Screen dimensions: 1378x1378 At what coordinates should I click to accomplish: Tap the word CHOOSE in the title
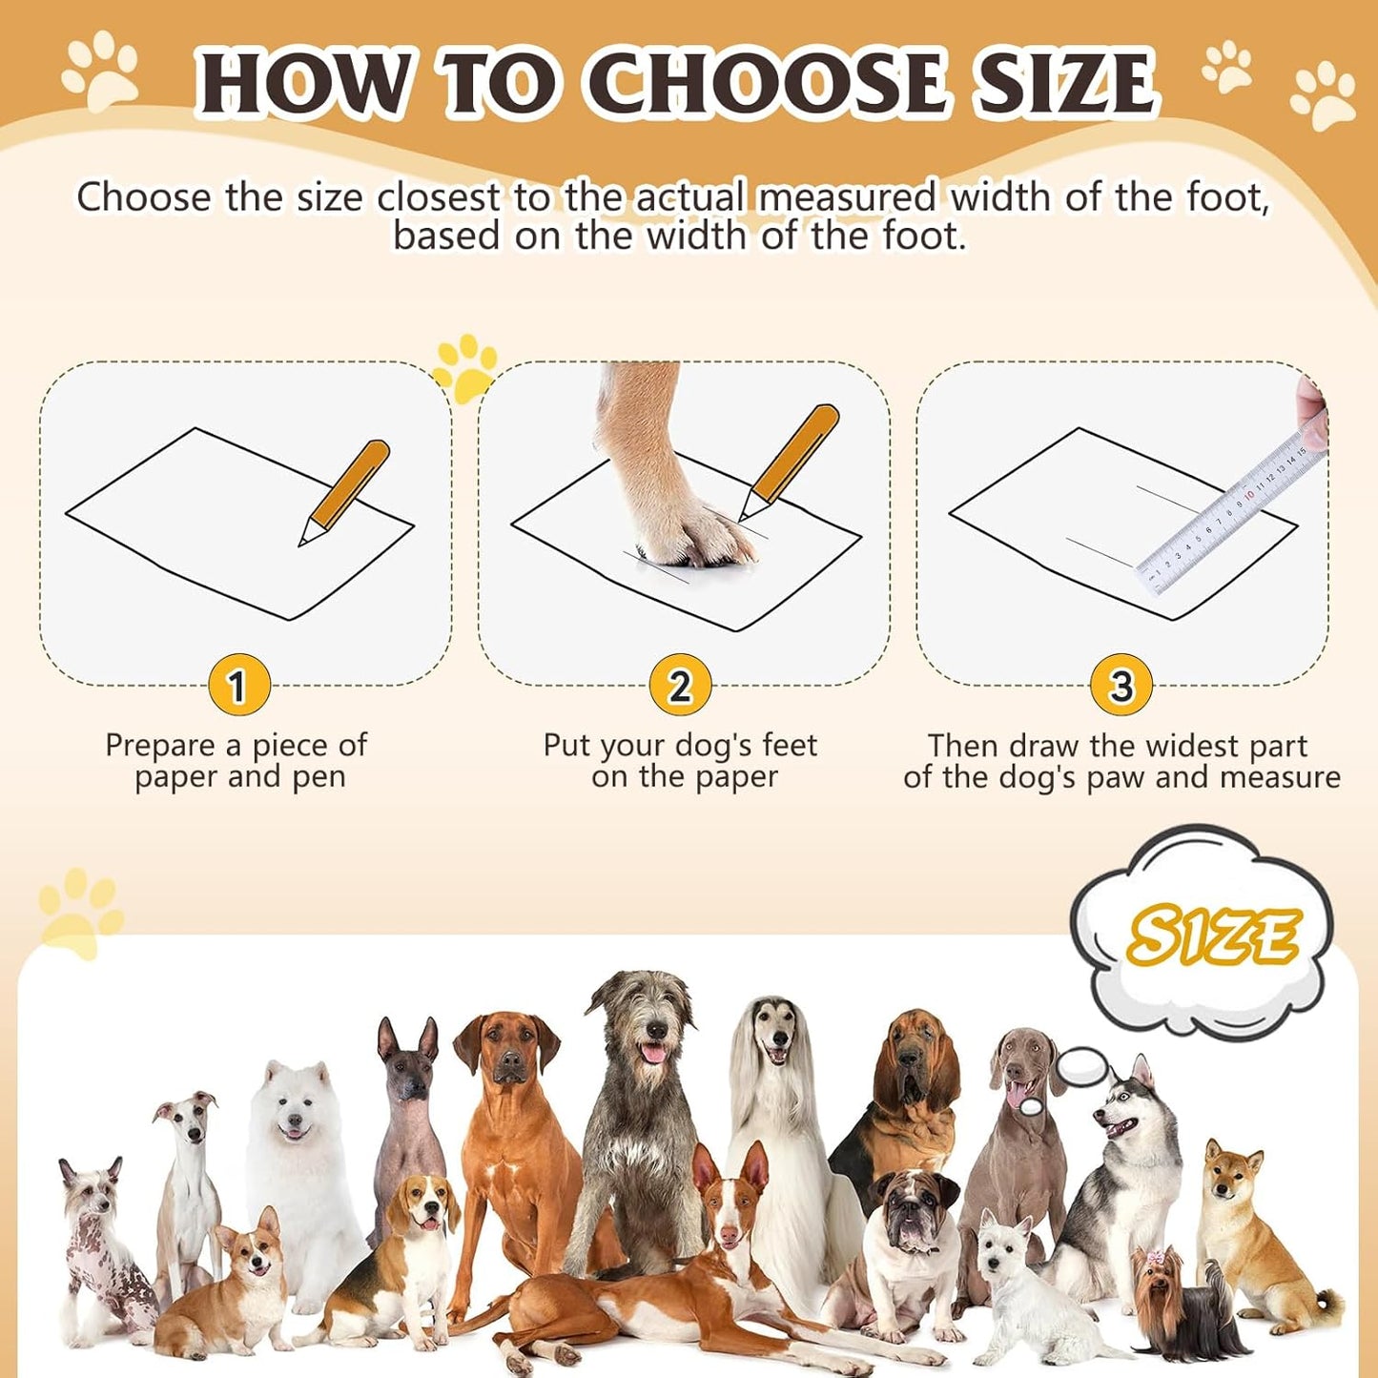tap(772, 84)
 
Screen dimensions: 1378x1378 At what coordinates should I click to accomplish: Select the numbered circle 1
tap(238, 686)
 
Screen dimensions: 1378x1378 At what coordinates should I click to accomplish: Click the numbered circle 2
tap(679, 686)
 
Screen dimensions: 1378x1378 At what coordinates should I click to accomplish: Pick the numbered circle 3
tap(1121, 686)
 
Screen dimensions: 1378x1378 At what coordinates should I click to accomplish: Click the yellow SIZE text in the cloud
tap(1211, 936)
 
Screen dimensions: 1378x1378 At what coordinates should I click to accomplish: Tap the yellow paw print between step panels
tap(465, 368)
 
